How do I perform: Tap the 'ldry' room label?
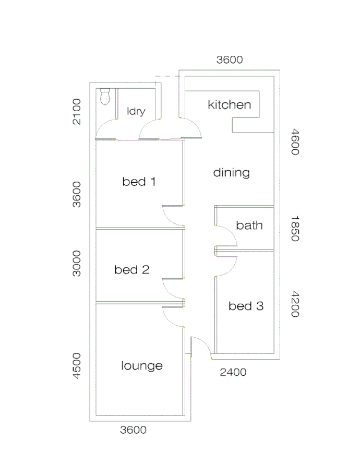[136, 111]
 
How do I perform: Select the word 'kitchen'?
[230, 104]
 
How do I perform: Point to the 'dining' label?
[232, 173]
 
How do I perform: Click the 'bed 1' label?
[139, 182]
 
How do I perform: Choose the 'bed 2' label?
[132, 270]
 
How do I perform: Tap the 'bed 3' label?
[246, 306]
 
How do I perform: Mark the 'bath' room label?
[249, 225]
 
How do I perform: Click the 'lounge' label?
[142, 366]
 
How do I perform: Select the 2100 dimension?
[77, 111]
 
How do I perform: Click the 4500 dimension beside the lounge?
[77, 365]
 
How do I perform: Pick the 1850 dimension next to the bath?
[294, 228]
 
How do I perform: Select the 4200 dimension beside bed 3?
[294, 305]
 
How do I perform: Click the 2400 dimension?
[233, 373]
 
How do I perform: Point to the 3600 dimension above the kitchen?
[230, 60]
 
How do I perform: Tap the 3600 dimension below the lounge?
[133, 430]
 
